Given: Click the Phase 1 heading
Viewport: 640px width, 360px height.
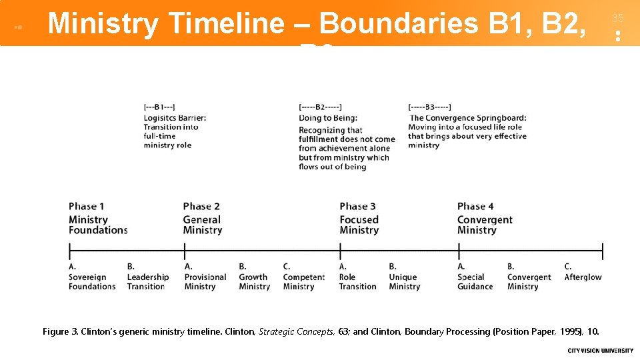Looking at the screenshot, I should click(x=86, y=207).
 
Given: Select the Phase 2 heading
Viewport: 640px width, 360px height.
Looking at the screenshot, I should click(x=201, y=207).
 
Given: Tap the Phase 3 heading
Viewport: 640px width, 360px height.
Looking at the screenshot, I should click(x=357, y=207).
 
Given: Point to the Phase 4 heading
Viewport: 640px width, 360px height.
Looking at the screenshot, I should click(x=475, y=207).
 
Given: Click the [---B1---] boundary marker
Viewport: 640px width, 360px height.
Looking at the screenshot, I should click(x=159, y=107).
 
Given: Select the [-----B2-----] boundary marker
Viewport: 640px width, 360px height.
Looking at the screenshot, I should click(x=320, y=107).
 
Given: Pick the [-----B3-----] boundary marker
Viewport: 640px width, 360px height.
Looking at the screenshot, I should click(x=429, y=107).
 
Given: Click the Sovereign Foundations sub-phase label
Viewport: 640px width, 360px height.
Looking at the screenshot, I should click(x=92, y=282).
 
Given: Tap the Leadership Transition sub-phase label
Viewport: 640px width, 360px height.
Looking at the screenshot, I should click(x=148, y=282).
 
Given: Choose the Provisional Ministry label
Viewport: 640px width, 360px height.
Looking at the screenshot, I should click(x=205, y=282).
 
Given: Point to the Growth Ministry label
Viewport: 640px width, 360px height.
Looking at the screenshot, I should click(x=254, y=282).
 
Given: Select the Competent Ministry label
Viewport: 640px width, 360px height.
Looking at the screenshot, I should click(x=303, y=282).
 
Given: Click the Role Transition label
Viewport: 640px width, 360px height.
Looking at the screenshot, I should click(x=357, y=282).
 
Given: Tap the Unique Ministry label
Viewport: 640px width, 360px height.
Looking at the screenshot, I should click(x=404, y=282).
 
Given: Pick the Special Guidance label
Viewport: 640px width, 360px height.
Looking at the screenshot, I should click(x=475, y=282).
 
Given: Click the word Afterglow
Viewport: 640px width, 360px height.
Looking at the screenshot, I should click(x=583, y=277).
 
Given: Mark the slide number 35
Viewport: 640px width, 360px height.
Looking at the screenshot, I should click(x=617, y=19).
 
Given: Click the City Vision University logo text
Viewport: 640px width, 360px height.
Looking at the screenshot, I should click(x=600, y=351).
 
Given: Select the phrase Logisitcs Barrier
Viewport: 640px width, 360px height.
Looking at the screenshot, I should click(x=175, y=118).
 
